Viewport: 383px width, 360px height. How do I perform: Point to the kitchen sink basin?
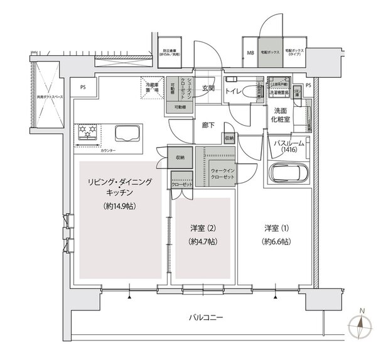pyautogui.click(x=128, y=133)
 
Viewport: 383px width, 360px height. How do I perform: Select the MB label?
pyautogui.click(x=250, y=53)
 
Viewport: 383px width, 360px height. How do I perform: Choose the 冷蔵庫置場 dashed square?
pyautogui.click(x=153, y=89)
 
